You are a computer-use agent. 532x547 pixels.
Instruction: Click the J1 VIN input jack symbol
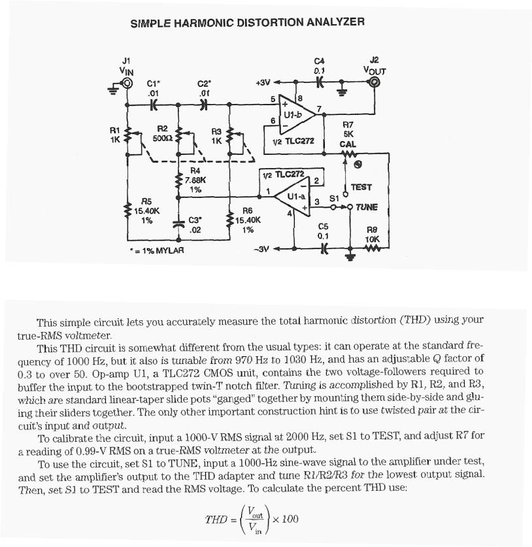(126, 84)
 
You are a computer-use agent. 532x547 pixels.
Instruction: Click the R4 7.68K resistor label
(195, 180)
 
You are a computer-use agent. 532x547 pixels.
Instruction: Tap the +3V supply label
(263, 83)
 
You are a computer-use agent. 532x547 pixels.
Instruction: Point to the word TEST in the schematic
(361, 187)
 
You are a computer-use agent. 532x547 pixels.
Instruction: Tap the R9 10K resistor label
(372, 235)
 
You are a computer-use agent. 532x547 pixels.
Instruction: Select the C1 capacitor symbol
(154, 103)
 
